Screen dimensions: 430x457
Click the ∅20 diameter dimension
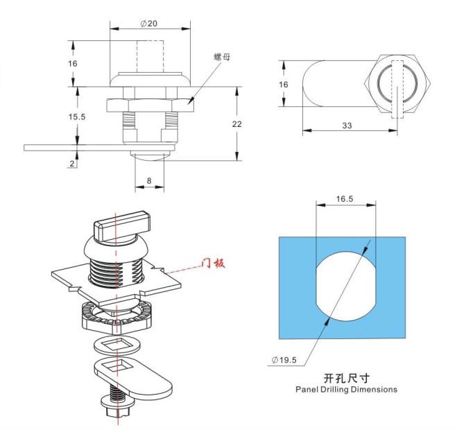click(148, 24)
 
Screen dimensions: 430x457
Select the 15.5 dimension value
click(77, 117)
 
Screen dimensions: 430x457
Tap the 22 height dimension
click(236, 123)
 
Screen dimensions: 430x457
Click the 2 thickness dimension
click(72, 163)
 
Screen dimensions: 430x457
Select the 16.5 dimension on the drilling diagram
click(345, 198)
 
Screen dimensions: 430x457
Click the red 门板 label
click(214, 263)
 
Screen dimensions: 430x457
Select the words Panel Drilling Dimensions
click(345, 390)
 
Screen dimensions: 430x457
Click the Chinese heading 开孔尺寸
click(345, 378)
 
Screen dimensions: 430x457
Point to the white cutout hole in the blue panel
click(345, 284)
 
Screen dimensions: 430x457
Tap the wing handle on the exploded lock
click(121, 227)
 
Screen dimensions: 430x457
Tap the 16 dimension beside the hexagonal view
click(283, 84)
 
